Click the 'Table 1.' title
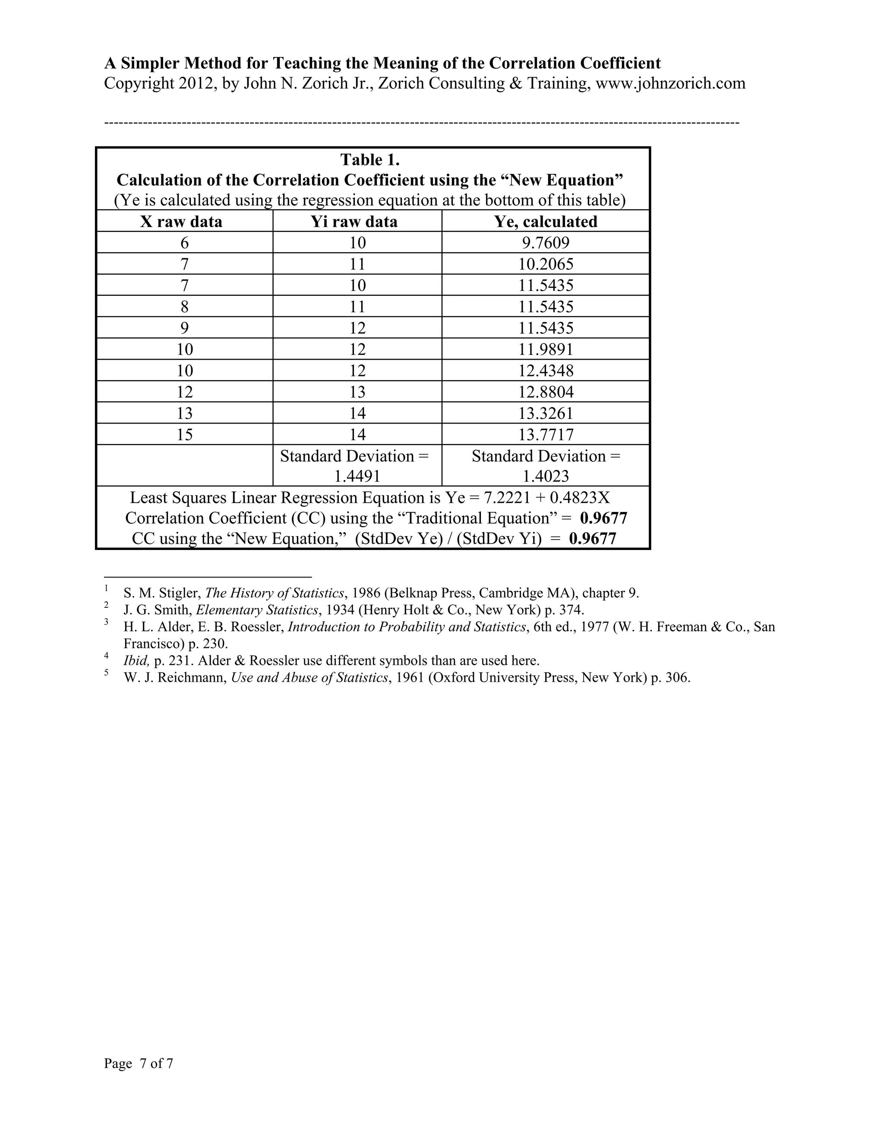(370, 159)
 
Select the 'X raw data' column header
(181, 221)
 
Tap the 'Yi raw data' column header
(354, 221)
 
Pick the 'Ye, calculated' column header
(546, 221)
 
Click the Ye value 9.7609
(546, 243)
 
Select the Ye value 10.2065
(546, 264)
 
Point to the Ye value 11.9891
(546, 349)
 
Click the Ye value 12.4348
(546, 371)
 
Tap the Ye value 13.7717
(546, 435)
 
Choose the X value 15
(184, 435)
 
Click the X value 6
(184, 243)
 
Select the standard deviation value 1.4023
(546, 476)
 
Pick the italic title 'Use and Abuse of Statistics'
(310, 678)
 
